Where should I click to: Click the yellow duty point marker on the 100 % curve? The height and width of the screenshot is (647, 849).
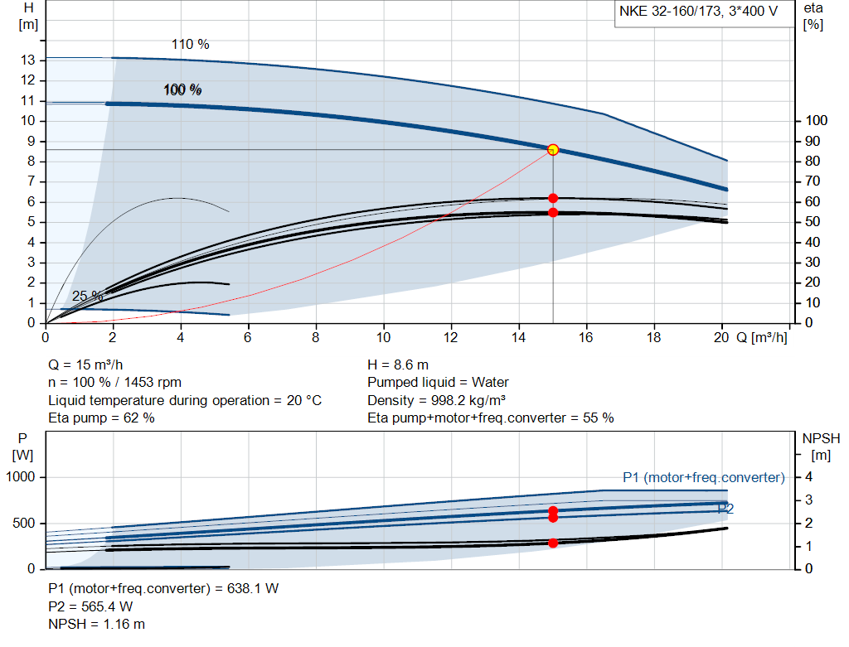click(x=553, y=149)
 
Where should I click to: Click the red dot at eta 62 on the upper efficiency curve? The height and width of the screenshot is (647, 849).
click(x=553, y=198)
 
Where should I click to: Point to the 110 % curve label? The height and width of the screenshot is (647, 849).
click(x=190, y=44)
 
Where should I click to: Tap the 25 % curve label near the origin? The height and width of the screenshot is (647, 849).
click(x=87, y=296)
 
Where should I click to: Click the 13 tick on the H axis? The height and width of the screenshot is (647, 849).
click(x=27, y=60)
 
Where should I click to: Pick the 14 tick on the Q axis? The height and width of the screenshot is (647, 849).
click(x=519, y=337)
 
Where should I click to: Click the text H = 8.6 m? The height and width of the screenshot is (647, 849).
click(x=398, y=364)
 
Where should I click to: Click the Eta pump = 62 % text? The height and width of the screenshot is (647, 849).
click(x=101, y=418)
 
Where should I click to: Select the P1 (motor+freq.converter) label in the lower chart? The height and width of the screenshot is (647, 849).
click(x=703, y=477)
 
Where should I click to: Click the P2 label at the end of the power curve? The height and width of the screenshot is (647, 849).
click(x=725, y=509)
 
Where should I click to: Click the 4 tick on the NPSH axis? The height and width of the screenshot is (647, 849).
click(x=808, y=477)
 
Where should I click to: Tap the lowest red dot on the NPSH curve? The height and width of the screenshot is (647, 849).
click(x=553, y=543)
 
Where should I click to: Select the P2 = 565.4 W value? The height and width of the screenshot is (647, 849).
click(x=90, y=606)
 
